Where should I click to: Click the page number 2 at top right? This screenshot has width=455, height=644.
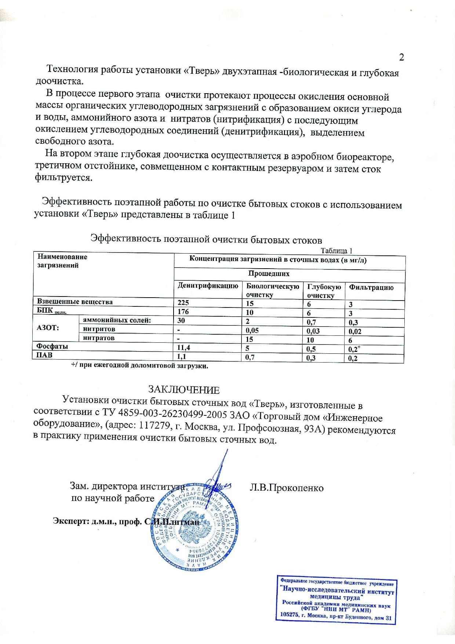[x=401, y=57]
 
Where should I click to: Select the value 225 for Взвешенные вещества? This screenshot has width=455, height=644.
[x=183, y=302]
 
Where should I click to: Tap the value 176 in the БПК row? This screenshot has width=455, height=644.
[x=183, y=312]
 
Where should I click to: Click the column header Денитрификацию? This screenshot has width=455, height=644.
[x=208, y=285]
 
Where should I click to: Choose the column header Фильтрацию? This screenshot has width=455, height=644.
[x=371, y=287]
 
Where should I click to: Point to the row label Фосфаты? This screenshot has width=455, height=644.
[x=52, y=346]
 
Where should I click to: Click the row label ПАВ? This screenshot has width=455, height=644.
[x=44, y=355]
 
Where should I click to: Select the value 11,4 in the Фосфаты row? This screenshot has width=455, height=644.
[x=183, y=347]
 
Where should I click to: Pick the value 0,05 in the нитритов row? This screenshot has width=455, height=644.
[x=252, y=330]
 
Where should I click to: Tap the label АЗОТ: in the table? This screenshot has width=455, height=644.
[x=48, y=327]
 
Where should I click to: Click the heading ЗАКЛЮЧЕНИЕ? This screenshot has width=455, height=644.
[x=183, y=390]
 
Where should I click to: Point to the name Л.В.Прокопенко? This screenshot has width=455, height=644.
[x=287, y=488]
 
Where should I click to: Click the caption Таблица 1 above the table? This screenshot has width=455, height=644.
[x=336, y=251]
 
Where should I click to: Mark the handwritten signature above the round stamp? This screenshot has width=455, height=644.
[x=220, y=477]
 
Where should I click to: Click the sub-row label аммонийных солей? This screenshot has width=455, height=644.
[x=117, y=320]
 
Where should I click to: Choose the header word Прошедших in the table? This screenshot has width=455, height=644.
[x=269, y=273]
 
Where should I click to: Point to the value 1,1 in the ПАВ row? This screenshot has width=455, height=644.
[x=182, y=356]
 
